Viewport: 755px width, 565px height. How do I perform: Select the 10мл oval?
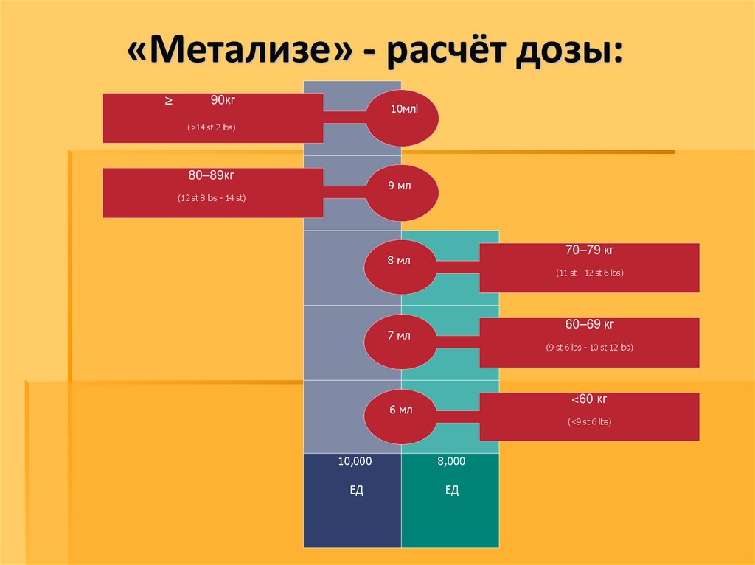pyautogui.click(x=403, y=117)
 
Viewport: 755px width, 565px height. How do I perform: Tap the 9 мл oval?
pyautogui.click(x=402, y=192)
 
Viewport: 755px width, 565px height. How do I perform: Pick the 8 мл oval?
pyautogui.click(x=400, y=262)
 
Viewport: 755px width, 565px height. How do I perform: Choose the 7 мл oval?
pyautogui.click(x=400, y=336)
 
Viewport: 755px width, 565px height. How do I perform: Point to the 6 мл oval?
pyautogui.click(x=400, y=410)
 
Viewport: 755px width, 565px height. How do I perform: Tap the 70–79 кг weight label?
pyautogui.click(x=589, y=250)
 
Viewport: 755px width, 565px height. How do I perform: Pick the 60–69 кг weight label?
pyautogui.click(x=589, y=324)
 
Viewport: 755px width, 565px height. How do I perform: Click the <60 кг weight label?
pyautogui.click(x=589, y=399)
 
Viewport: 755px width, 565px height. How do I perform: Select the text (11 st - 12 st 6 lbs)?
pyautogui.click(x=589, y=273)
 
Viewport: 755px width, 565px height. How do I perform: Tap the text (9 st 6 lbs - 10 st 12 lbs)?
pyautogui.click(x=589, y=347)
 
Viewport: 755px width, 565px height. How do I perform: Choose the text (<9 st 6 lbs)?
pyautogui.click(x=589, y=422)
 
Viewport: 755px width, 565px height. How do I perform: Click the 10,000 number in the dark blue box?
pyautogui.click(x=355, y=461)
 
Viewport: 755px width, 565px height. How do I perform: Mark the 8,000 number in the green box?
pyautogui.click(x=451, y=461)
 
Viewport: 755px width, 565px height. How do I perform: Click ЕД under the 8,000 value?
pyautogui.click(x=452, y=490)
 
